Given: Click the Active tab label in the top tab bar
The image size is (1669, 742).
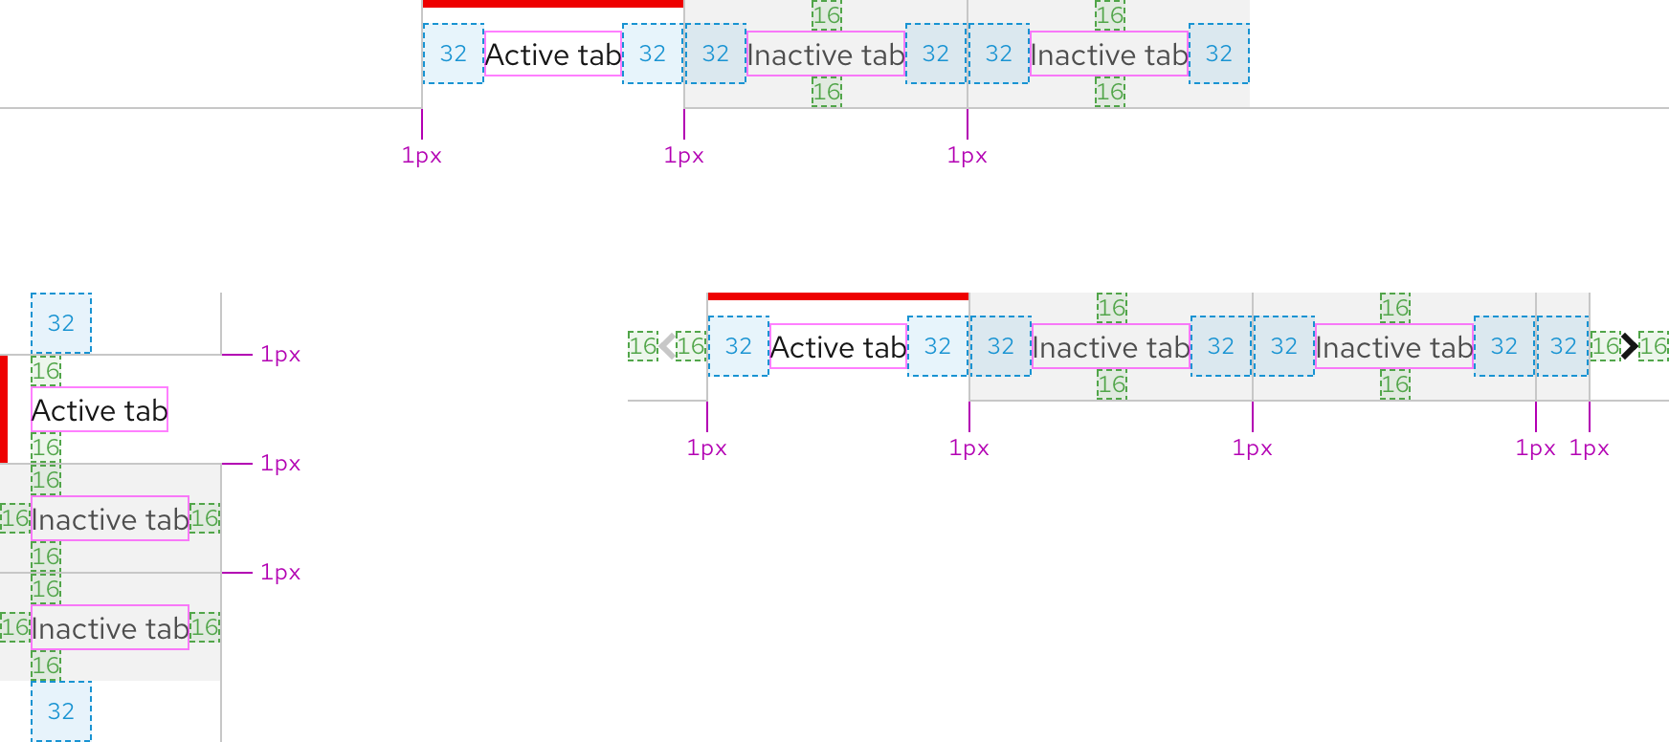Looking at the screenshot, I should coord(553,55).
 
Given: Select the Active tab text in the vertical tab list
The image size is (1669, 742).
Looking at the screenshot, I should coord(100,410).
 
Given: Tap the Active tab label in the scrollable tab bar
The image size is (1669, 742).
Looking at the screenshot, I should coord(837,346).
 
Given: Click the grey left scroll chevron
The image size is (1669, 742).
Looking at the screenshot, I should coord(667,346).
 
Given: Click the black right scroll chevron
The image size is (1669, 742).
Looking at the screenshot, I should coord(1629,346).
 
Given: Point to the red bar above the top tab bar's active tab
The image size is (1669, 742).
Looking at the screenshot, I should coord(552,4).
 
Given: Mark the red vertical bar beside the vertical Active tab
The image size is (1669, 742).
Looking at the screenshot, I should coord(4,409).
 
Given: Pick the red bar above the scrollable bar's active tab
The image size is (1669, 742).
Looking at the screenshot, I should coord(837,296).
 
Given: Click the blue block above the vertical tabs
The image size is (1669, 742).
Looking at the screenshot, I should coord(61,323).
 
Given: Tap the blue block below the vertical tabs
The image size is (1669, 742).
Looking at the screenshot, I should coord(61,710).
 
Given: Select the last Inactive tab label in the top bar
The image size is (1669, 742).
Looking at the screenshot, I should coord(1109,55).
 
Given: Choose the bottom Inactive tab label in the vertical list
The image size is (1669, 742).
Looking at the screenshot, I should coord(110,628).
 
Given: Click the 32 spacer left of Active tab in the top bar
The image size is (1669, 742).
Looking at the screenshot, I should coord(453,54).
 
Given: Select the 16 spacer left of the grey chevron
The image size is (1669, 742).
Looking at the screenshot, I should coord(642,346).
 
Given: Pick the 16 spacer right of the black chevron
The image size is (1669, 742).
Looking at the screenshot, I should coord(1654,346).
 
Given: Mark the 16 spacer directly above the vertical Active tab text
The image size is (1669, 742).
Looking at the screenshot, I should coord(46,371).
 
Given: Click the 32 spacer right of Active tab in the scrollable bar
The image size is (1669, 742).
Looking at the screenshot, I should coord(938,346).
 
